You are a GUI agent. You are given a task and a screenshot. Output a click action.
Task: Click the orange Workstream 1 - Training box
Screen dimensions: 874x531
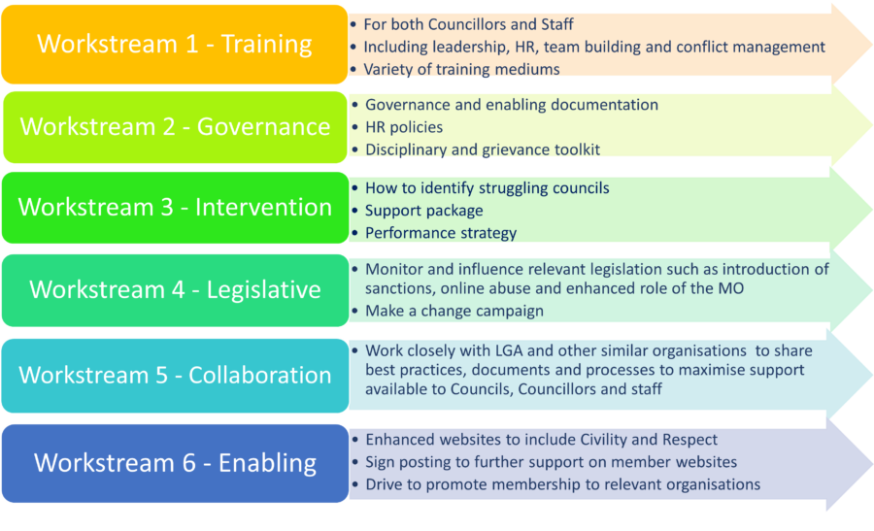pos(175,45)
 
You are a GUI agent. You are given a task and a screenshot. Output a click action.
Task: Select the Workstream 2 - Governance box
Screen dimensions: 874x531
pos(175,127)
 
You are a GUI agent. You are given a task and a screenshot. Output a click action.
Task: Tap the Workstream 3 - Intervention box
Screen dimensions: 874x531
pos(175,208)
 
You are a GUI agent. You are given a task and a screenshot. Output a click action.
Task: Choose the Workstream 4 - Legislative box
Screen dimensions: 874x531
pos(175,290)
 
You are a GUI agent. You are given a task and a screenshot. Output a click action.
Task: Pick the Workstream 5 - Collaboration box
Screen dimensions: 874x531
pos(175,376)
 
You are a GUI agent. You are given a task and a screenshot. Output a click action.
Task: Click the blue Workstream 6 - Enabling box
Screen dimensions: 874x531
pos(175,464)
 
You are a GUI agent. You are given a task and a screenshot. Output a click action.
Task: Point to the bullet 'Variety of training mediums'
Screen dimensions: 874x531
pos(461,70)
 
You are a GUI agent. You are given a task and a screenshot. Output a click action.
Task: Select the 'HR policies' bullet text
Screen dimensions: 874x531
pos(404,127)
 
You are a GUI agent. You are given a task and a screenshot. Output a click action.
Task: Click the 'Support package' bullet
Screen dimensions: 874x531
pos(423,211)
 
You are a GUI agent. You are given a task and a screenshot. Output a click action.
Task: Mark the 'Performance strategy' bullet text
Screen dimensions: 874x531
pos(440,233)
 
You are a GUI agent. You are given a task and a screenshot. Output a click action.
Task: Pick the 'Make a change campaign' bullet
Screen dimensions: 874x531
pos(454,311)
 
